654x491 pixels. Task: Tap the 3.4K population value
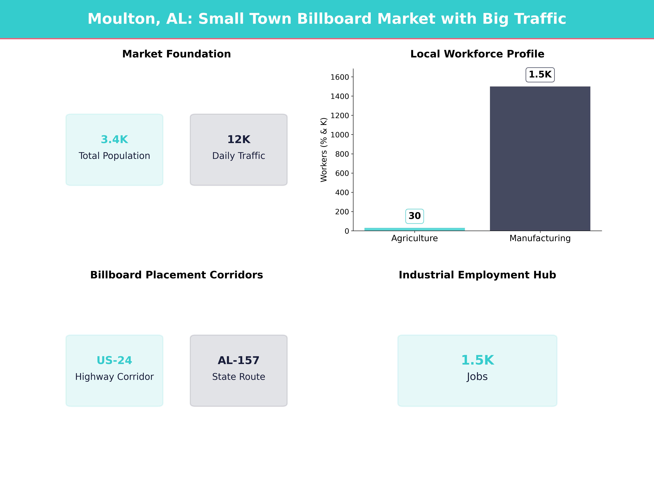pos(114,139)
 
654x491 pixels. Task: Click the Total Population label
pos(114,156)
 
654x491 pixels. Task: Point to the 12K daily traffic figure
pos(239,139)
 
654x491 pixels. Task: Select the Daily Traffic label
pos(239,156)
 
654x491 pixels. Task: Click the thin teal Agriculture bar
pos(414,229)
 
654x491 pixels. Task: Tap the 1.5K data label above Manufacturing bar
pos(540,75)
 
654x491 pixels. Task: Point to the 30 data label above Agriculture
pos(414,216)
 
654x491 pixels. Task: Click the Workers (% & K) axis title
pos(324,150)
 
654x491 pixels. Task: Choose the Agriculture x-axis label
pos(414,238)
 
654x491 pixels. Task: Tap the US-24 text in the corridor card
pos(114,360)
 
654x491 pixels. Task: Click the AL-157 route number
pos(239,360)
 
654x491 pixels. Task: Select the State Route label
pos(239,377)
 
